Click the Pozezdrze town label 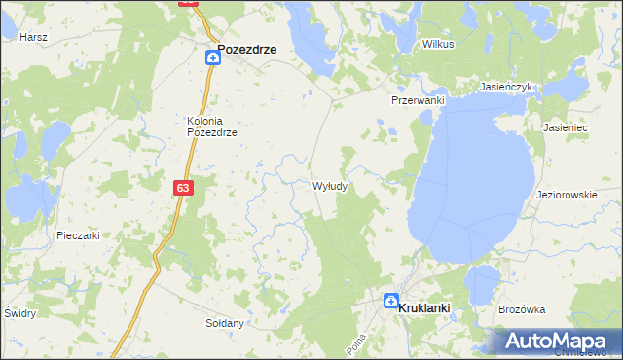[x=247, y=48]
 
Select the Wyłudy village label [x=330, y=185]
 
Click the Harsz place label [x=33, y=36]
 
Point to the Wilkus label [x=438, y=45]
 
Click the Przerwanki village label [x=418, y=100]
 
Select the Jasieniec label [x=565, y=127]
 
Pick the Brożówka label [x=521, y=309]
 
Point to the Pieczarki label [x=78, y=235]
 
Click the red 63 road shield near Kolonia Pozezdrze [x=184, y=188]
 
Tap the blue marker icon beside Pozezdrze [x=212, y=58]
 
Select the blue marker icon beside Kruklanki [x=391, y=302]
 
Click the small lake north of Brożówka [x=481, y=284]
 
